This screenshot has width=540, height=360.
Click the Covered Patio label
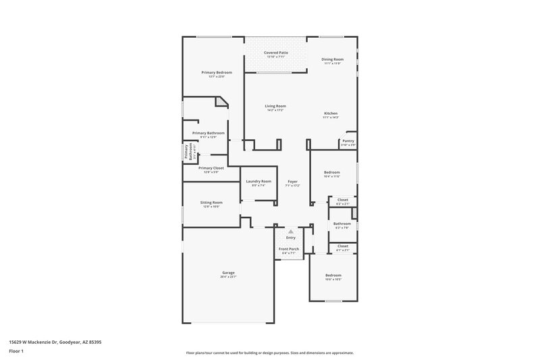[275, 52]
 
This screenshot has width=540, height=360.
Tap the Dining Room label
[333, 59]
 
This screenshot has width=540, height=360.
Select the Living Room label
[275, 106]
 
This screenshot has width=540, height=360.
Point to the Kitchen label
[331, 113]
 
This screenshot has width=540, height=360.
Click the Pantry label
[348, 141]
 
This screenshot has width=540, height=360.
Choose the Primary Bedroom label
[217, 72]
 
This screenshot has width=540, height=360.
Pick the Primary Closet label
[211, 168]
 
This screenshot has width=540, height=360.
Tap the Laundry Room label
[259, 181]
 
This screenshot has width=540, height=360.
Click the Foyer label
[292, 181]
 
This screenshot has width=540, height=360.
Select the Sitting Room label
[211, 203]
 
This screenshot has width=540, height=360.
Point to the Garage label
[228, 273]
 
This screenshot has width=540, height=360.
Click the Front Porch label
[289, 249]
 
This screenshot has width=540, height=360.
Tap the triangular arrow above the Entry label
[291, 231]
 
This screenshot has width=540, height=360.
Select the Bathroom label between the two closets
[342, 224]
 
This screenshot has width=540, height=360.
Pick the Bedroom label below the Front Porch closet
[333, 276]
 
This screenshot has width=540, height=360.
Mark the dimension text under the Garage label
[228, 277]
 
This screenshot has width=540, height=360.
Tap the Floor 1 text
[16, 351]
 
